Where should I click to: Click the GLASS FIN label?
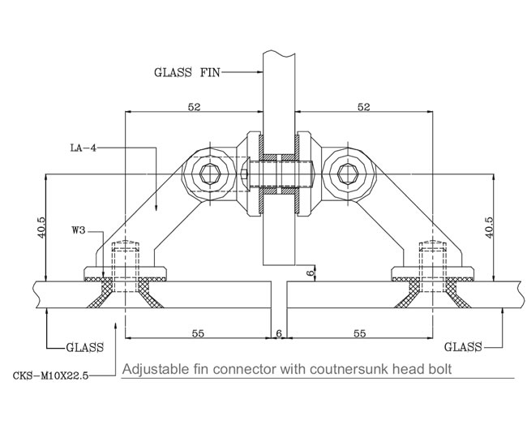tap(186, 72)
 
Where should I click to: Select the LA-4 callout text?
tap(83, 148)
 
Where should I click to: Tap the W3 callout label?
tap(79, 230)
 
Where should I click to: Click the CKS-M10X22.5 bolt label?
tap(51, 375)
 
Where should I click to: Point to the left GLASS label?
tap(84, 347)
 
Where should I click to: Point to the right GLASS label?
tap(463, 347)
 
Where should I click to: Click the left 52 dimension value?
tap(194, 107)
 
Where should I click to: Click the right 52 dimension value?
tap(364, 107)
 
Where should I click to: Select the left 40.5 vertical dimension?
tap(41, 228)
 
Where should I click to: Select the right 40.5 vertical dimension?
tap(490, 228)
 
